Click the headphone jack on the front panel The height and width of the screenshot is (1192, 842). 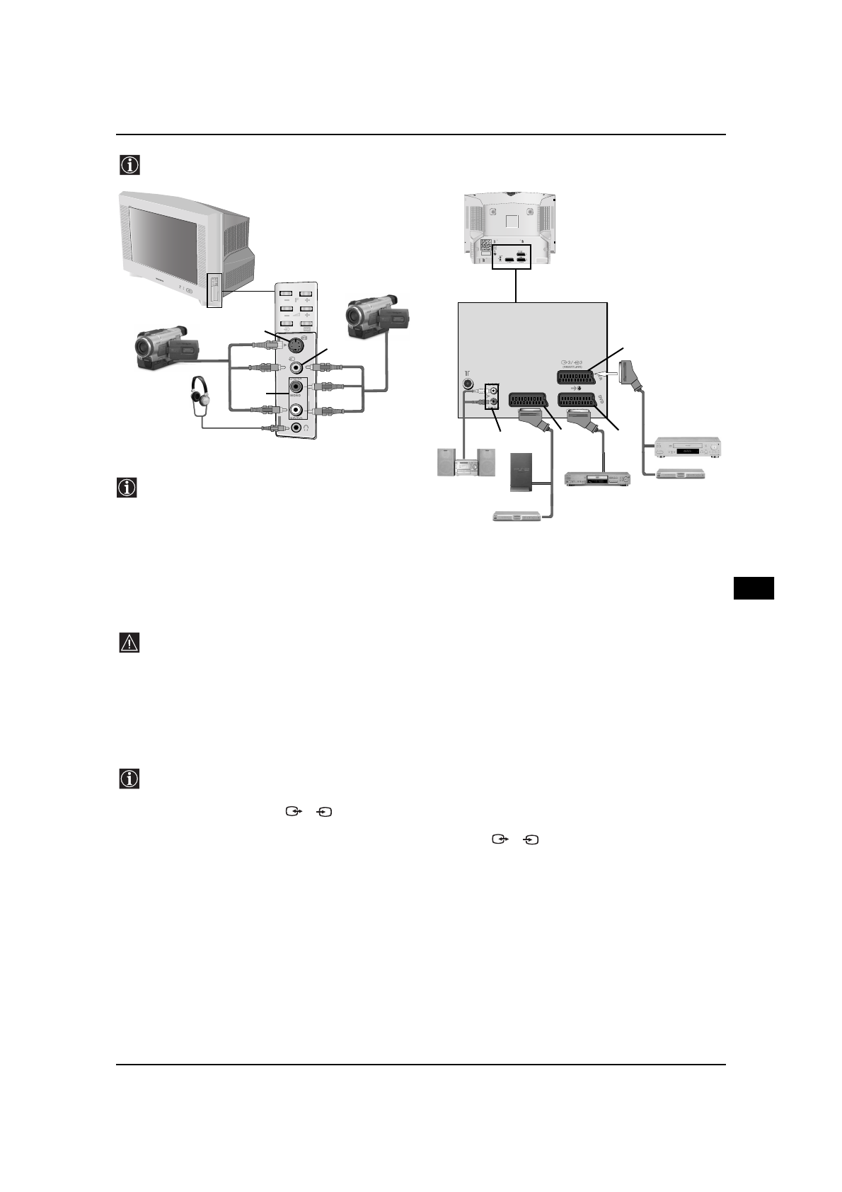[x=296, y=428]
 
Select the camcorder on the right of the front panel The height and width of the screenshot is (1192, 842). [x=377, y=318]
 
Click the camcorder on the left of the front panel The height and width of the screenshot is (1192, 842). [x=168, y=348]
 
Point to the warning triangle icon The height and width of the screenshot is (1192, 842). [x=129, y=643]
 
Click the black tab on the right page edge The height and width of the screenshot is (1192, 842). [x=754, y=588]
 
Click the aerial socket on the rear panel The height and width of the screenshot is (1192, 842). [x=468, y=385]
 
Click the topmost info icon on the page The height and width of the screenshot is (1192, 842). [x=129, y=165]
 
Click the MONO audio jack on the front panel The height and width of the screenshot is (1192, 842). [x=296, y=387]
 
